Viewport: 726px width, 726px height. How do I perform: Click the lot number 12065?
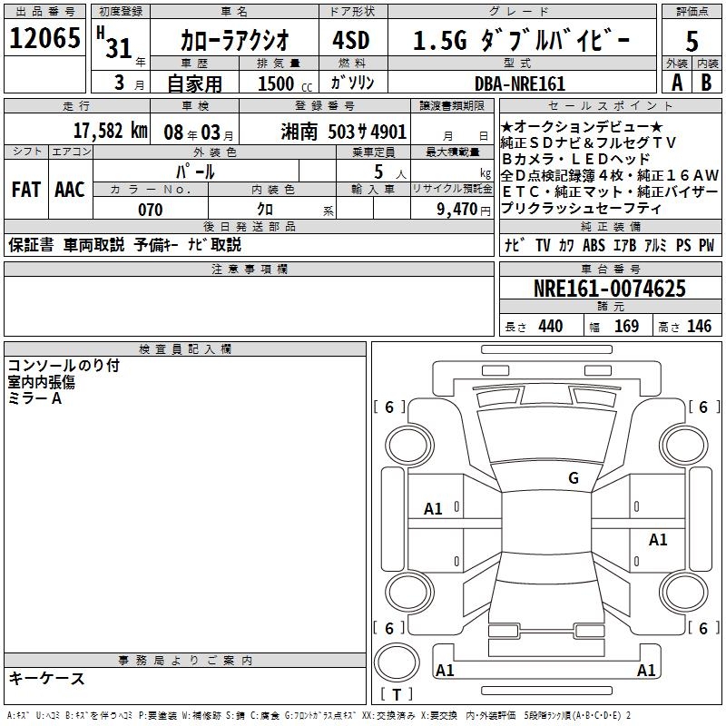coord(44,38)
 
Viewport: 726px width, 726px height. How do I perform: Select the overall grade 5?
coord(692,41)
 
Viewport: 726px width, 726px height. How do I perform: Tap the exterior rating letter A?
coord(677,83)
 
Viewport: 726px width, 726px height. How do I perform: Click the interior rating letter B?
coord(706,83)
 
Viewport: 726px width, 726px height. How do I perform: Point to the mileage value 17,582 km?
coord(111,131)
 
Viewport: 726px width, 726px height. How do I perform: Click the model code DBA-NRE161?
coord(520,83)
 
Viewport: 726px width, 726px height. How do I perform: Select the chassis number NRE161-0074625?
coord(609,289)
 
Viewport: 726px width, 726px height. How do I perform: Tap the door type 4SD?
coord(351,40)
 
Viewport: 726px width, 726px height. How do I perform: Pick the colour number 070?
coord(151,210)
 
